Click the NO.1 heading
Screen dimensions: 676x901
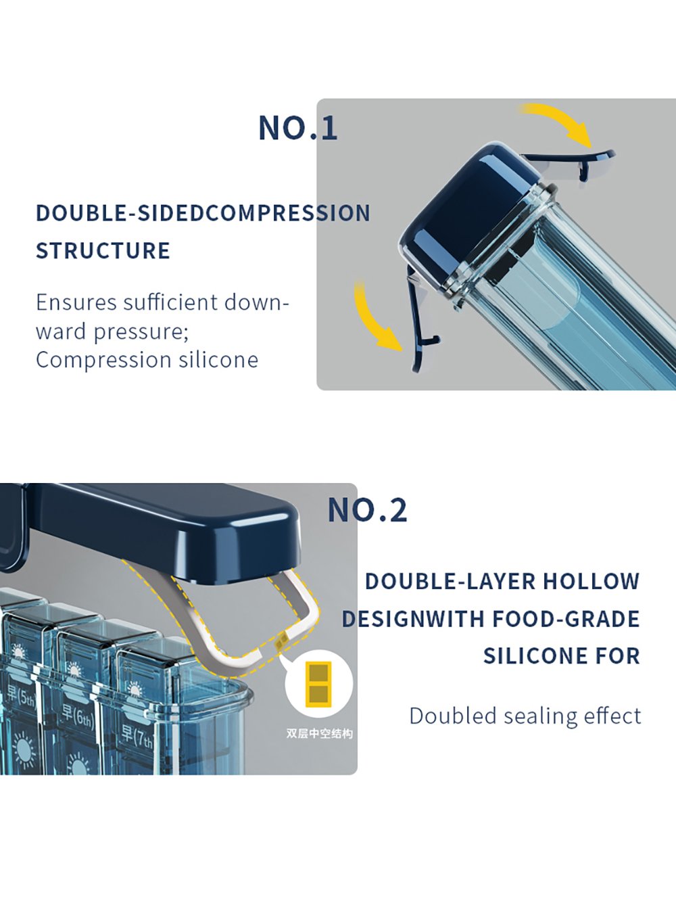point(298,128)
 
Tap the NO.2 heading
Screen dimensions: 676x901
point(368,510)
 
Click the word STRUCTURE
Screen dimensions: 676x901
point(103,250)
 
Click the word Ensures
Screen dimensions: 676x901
point(76,302)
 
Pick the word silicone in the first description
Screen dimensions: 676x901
point(218,360)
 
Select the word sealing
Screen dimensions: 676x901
point(541,717)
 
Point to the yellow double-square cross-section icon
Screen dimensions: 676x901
point(318,685)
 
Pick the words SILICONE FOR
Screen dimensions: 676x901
point(562,655)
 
